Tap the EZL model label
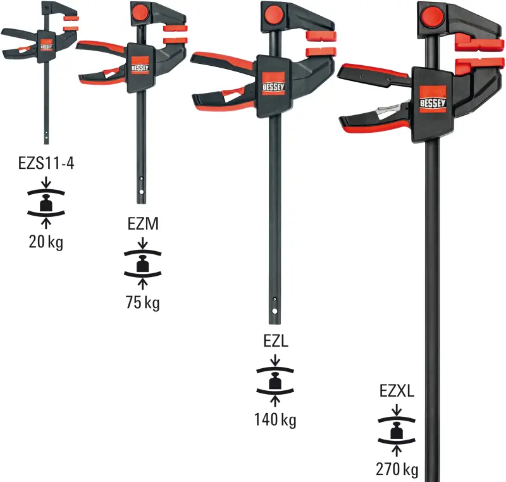(x=275, y=341)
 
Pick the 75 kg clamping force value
(x=142, y=302)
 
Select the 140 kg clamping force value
(x=275, y=418)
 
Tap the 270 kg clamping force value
(x=397, y=470)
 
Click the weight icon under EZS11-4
(x=47, y=204)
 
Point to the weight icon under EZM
(x=142, y=263)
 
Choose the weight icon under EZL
(x=275, y=381)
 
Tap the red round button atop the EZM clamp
(x=140, y=12)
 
